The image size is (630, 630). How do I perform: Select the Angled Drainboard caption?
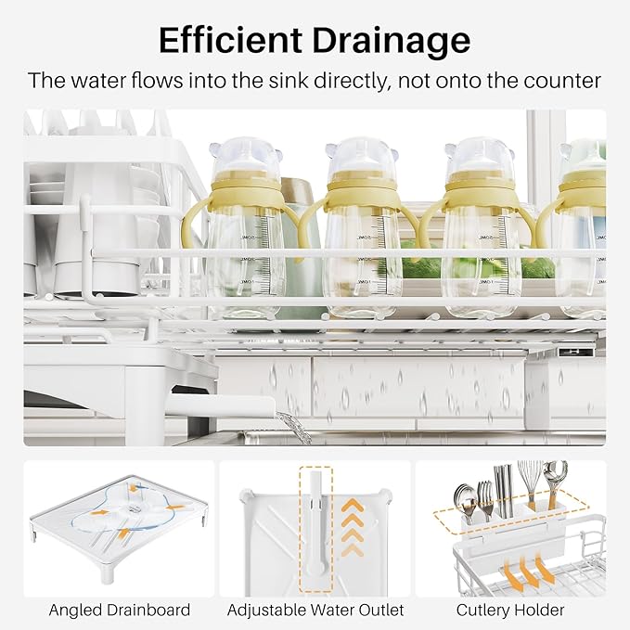tap(120, 610)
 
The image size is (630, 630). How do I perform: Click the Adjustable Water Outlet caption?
tap(315, 610)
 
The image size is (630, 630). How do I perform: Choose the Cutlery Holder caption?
tap(510, 610)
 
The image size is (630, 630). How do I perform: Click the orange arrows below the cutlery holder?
tap(527, 568)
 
